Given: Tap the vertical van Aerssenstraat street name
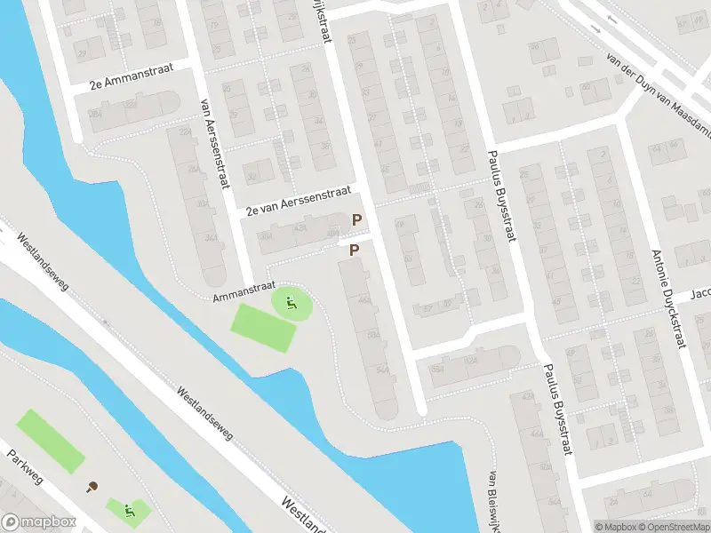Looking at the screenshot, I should pos(215,142).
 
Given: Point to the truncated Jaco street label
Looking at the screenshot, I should pos(701,293).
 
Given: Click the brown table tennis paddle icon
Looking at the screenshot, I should pos(92,486).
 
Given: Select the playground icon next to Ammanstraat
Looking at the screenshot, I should pos(291,304).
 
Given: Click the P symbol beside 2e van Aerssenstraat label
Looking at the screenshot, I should pos(357,219).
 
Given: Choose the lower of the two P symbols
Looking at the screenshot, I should pos(354,251).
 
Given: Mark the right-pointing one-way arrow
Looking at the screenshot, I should pos(595,29).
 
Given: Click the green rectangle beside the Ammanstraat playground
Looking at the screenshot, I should pos(263,327).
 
